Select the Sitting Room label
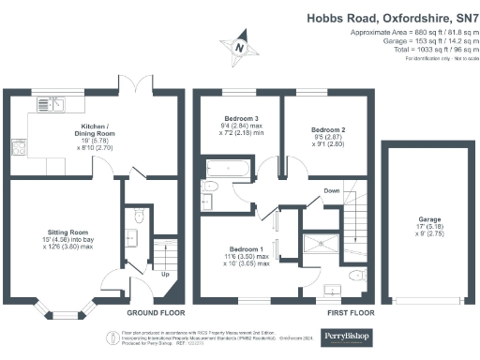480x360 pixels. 69,236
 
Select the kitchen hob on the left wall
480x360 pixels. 18,147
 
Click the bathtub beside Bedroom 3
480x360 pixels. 226,171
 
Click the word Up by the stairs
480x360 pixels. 166,276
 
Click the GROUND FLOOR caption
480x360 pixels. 155,312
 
